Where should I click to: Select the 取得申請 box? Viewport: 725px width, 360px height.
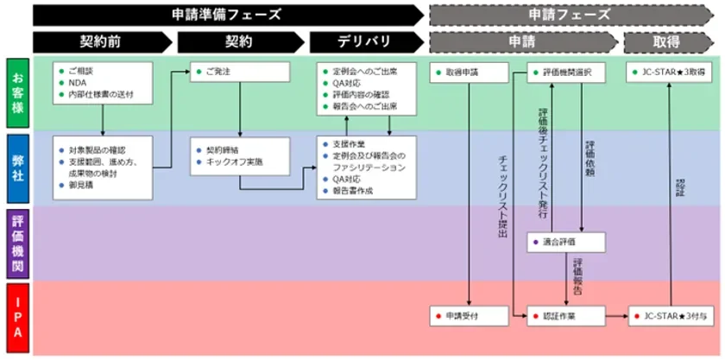pyautogui.click(x=469, y=73)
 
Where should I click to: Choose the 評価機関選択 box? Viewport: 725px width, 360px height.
pyautogui.click(x=565, y=73)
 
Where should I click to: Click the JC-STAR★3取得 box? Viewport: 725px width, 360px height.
pyautogui.click(x=670, y=73)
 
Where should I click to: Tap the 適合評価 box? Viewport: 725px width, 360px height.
pyautogui.click(x=565, y=243)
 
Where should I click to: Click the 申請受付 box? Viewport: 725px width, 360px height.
pyautogui.click(x=469, y=316)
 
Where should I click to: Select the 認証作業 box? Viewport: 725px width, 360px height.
pyautogui.click(x=565, y=316)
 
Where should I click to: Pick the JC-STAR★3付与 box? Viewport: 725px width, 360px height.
pyautogui.click(x=670, y=316)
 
